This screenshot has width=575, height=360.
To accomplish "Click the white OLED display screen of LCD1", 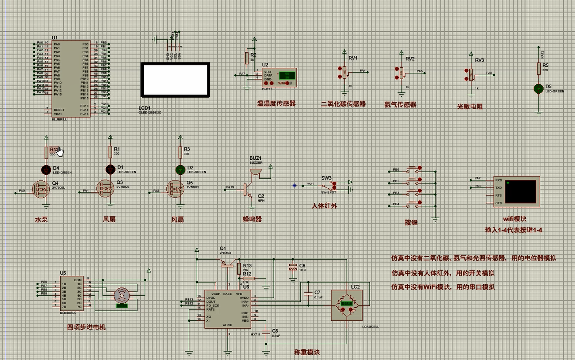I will pyautogui.click(x=175, y=80).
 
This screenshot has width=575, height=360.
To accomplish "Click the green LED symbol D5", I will pyautogui.click(x=538, y=88).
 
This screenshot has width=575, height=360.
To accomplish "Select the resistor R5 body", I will pyautogui.click(x=538, y=68).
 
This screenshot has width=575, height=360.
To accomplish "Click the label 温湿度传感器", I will pyautogui.click(x=276, y=104).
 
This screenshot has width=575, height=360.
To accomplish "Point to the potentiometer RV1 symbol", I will pyautogui.click(x=345, y=71).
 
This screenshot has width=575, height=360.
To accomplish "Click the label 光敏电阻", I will pyautogui.click(x=470, y=106).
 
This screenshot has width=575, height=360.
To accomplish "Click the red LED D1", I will pyautogui.click(x=110, y=169).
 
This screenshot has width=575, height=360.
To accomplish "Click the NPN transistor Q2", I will pyautogui.click(x=249, y=190).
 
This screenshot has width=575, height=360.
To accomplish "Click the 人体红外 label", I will pyautogui.click(x=324, y=206).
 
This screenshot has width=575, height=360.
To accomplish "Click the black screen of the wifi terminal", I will pyautogui.click(x=520, y=191).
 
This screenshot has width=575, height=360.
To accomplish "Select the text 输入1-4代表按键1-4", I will pyautogui.click(x=513, y=230).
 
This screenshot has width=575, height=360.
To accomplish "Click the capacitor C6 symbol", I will pyautogui.click(x=293, y=267).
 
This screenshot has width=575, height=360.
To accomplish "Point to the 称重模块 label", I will pyautogui.click(x=307, y=352).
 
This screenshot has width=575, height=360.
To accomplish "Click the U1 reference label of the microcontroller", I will pyautogui.click(x=55, y=38).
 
